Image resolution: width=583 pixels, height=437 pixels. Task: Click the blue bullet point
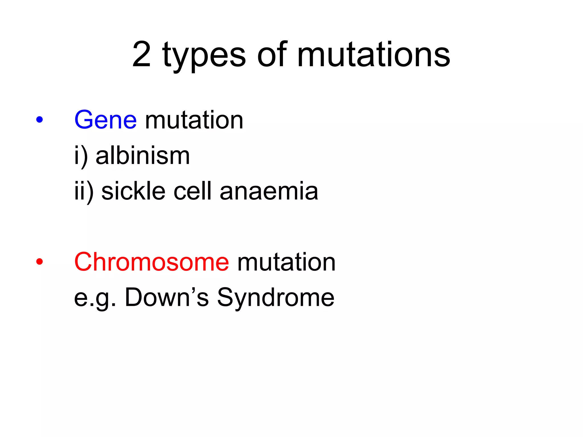click(x=40, y=120)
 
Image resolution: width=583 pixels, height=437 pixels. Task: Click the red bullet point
click(x=40, y=262)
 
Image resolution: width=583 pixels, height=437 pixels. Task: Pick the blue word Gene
click(x=106, y=120)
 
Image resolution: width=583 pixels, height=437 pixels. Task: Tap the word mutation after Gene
click(x=194, y=120)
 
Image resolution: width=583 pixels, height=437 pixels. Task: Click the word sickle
click(x=133, y=191)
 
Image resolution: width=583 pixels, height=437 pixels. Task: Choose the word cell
click(x=193, y=191)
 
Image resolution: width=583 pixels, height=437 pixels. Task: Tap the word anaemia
click(x=269, y=191)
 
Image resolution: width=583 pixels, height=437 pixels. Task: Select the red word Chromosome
click(x=151, y=262)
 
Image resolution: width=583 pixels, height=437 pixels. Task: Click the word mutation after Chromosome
click(x=286, y=262)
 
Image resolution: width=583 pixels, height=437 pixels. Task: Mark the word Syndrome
click(x=276, y=298)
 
